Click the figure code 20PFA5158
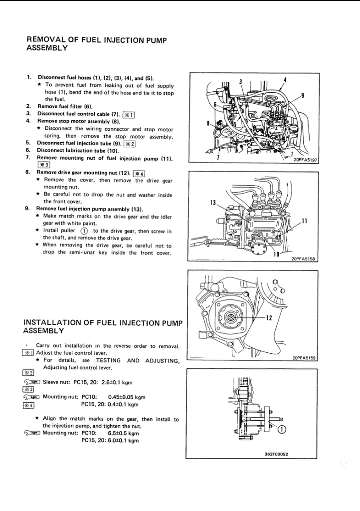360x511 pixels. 304,259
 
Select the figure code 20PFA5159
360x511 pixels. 304,357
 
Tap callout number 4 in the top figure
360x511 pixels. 284,80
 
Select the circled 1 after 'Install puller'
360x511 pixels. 84,231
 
